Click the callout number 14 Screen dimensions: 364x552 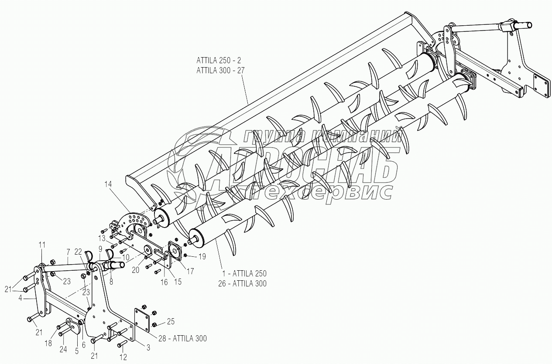[108, 184]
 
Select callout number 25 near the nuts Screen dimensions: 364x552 [171, 321]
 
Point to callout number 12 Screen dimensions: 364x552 [123, 357]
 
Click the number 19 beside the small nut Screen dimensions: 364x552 [202, 256]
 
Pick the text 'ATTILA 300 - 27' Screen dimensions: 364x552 [220, 70]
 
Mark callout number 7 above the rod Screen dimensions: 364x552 [68, 252]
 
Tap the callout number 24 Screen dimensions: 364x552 [63, 349]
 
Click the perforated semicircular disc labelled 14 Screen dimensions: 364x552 [135, 220]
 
